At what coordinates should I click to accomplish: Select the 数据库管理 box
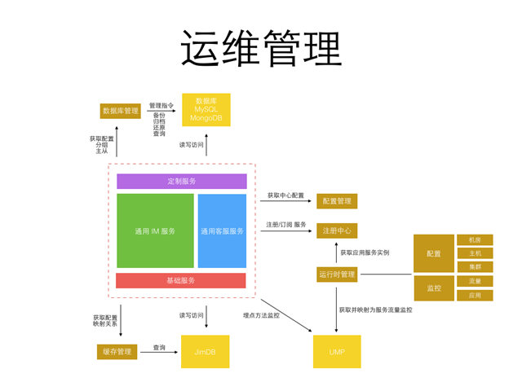point(120,111)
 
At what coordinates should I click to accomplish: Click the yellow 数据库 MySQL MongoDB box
point(206,110)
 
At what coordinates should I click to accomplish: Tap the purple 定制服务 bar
point(181,181)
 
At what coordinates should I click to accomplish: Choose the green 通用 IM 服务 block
point(155,231)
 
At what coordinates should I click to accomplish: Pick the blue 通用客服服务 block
point(222,231)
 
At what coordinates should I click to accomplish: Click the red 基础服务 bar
point(181,280)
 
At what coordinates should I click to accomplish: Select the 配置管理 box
point(337,200)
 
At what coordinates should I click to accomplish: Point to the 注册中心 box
point(337,231)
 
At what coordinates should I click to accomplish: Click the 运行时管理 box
point(337,275)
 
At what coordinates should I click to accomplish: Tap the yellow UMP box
point(337,351)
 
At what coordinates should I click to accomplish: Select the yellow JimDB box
point(205,351)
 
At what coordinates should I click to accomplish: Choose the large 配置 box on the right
point(433,253)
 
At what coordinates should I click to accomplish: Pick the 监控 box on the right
point(433,288)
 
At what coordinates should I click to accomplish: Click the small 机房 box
point(475,239)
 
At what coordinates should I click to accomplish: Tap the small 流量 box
point(475,281)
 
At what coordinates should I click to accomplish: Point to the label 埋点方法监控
point(261,314)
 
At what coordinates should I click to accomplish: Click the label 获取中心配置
point(285,196)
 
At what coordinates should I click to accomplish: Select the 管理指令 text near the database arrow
point(163,106)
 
